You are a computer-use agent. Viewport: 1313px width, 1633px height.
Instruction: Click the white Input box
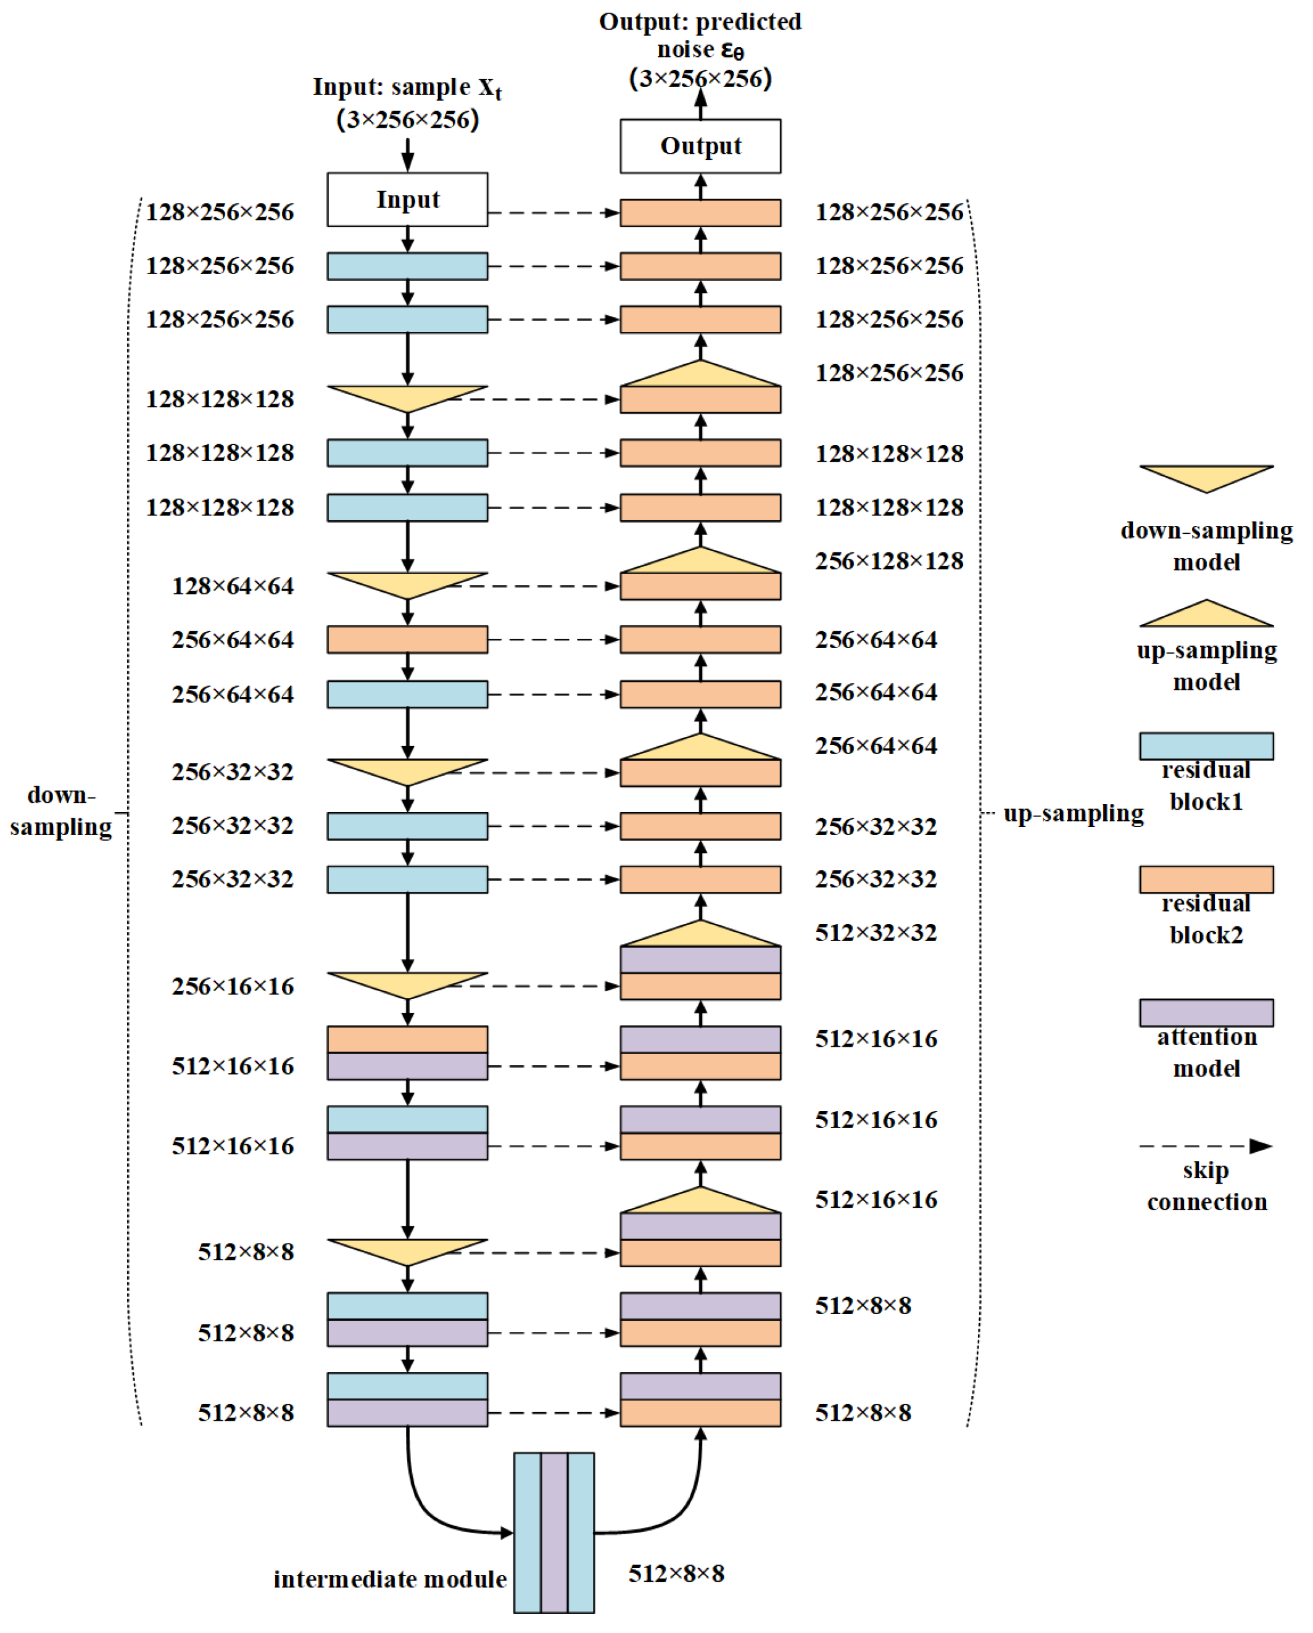coord(407,199)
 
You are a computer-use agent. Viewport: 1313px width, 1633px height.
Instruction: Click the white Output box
coord(700,146)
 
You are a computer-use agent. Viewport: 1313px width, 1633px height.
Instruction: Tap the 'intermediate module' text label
coord(390,1579)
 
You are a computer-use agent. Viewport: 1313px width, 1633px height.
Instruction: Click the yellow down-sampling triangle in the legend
coord(1206,476)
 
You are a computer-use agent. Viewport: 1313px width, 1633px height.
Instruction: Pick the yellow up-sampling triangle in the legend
coord(1206,616)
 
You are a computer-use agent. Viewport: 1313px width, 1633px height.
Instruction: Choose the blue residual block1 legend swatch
coord(1206,746)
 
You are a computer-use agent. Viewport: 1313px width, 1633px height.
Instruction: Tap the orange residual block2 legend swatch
coord(1206,879)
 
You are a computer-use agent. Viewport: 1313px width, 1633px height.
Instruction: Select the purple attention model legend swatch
coord(1206,1013)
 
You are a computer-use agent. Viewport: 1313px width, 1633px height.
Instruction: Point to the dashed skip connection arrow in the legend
coord(1206,1146)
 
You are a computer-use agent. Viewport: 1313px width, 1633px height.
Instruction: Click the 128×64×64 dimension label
coord(233,586)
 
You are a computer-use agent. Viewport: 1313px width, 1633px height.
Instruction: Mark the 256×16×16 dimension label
coord(233,986)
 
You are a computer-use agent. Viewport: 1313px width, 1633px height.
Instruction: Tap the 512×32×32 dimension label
coord(876,933)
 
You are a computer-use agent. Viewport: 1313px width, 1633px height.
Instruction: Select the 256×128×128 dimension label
coord(889,561)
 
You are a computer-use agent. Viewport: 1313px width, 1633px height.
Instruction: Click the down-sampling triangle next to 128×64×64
coord(407,583)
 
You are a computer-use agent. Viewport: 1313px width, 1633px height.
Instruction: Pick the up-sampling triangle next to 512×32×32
coord(700,936)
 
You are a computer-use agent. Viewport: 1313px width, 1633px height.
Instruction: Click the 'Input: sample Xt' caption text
coord(407,88)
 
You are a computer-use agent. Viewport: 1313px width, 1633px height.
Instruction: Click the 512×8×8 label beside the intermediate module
coord(676,1574)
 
